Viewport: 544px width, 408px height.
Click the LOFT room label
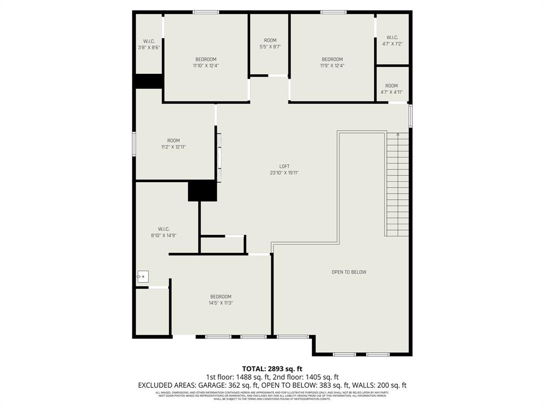[284, 166]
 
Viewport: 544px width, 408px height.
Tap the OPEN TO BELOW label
[349, 272]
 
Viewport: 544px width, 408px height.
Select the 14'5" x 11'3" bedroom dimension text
[220, 303]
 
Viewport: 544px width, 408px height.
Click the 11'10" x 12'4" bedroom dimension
[206, 66]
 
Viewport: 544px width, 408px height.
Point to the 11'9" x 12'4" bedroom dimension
[332, 66]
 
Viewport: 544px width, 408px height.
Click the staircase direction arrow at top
[398, 135]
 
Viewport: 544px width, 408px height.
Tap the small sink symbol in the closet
[142, 276]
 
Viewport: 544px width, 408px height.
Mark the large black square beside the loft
[202, 191]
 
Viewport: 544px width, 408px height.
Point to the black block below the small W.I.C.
[148, 81]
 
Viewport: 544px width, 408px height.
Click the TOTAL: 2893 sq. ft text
[272, 368]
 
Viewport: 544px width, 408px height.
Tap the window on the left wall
[134, 144]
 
